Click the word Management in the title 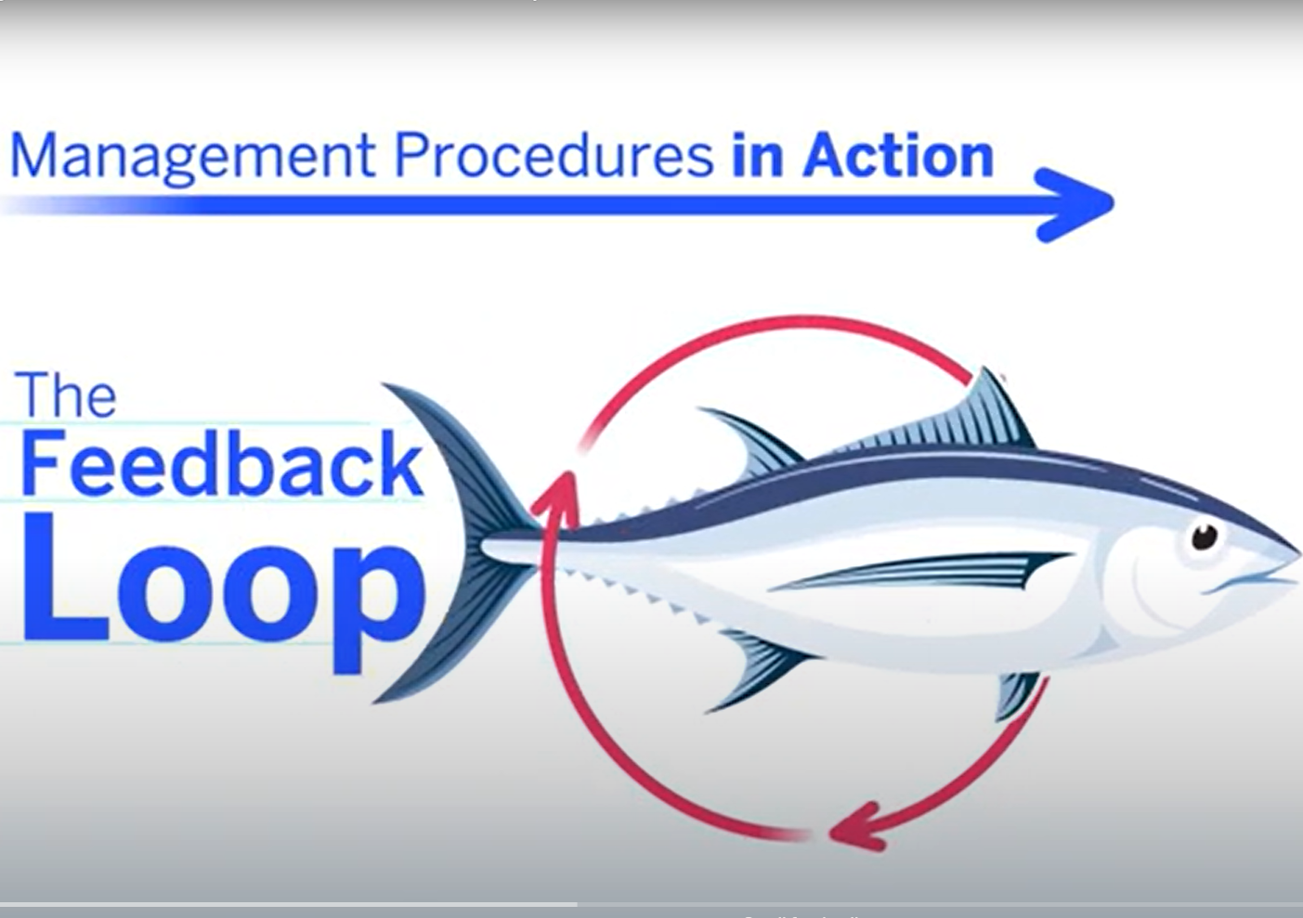[x=192, y=157]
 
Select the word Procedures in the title [x=554, y=155]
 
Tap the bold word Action [x=898, y=155]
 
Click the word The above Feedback [x=66, y=394]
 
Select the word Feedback [x=221, y=463]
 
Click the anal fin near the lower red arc [x=1017, y=695]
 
